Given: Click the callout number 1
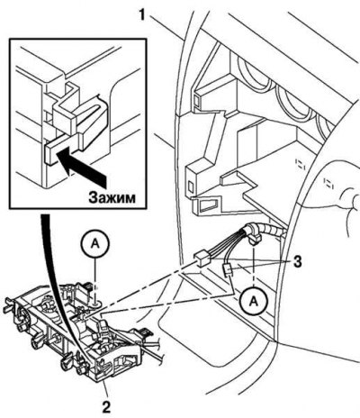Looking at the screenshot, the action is (x=142, y=15).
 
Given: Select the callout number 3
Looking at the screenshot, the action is (x=296, y=261).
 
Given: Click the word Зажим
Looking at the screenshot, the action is (x=112, y=197).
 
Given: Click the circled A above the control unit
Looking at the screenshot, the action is (x=95, y=244).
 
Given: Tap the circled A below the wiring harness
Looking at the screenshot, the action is (x=255, y=301).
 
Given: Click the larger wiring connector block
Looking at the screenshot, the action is (x=203, y=259).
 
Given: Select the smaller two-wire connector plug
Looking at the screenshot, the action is (x=228, y=269).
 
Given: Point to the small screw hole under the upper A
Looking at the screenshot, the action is (x=95, y=304).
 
